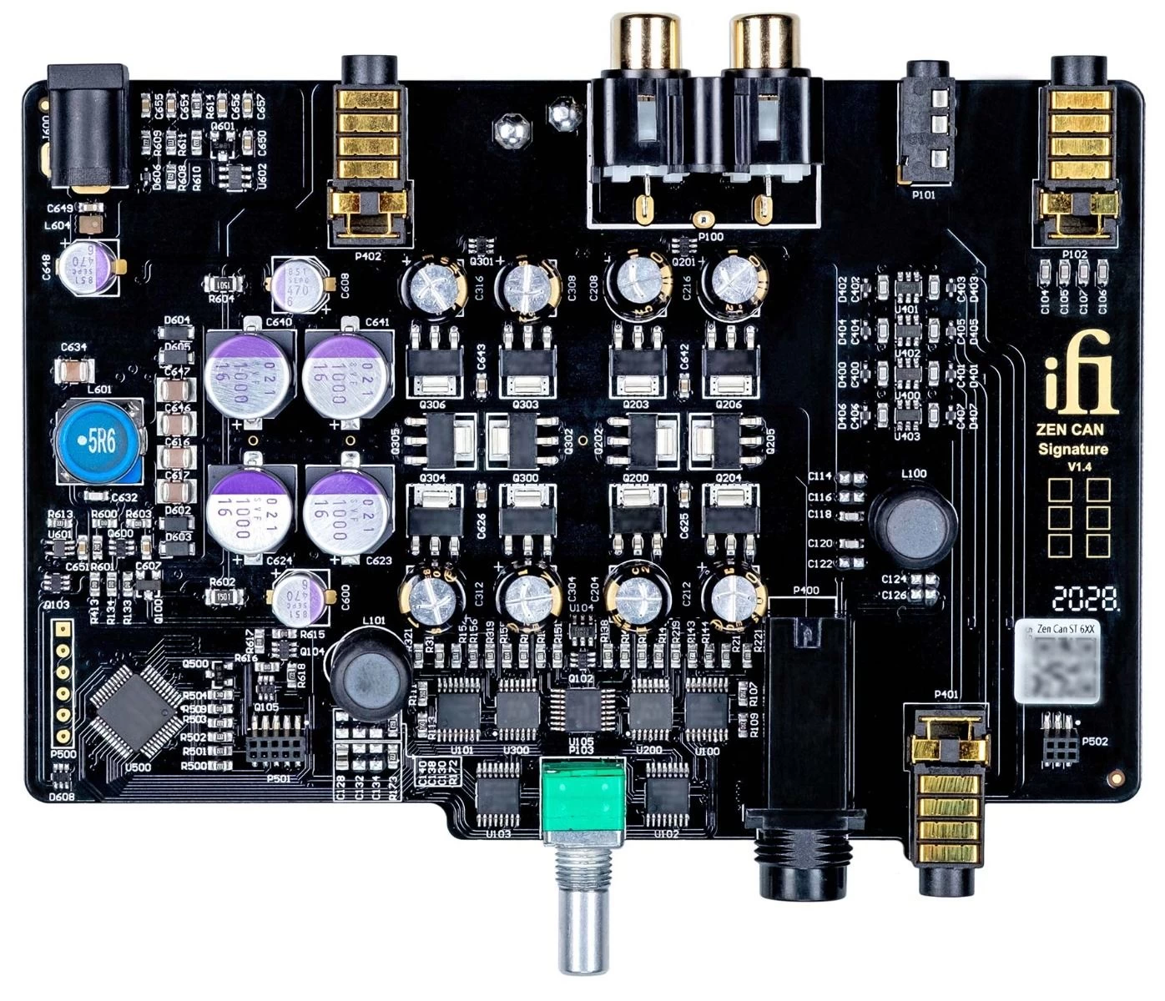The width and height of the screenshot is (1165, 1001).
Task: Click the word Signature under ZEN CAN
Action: (1073, 449)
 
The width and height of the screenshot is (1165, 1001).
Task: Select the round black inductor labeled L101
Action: (370, 672)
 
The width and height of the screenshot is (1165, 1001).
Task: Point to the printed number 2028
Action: (1085, 598)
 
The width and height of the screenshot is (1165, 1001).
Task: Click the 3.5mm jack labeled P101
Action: (926, 125)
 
